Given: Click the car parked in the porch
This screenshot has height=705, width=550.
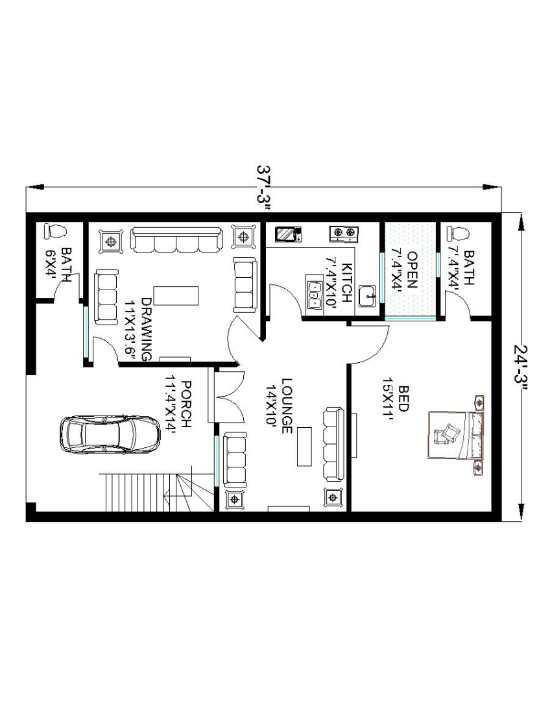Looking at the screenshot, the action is point(110,434).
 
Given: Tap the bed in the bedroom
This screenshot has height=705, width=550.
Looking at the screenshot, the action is point(456,435).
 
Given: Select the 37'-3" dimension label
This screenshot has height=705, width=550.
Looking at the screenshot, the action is point(265,188).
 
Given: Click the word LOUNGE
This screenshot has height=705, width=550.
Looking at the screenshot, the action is point(287,406).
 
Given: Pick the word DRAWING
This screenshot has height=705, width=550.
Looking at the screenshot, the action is point(147,328).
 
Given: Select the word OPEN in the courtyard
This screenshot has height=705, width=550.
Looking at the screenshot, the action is point(412,270).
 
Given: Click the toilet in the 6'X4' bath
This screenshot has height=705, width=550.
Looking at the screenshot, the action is point(55,232).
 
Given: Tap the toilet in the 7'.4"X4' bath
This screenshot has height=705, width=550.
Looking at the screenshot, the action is point(458,234).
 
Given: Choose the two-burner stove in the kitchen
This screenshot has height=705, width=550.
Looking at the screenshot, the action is point(344,232).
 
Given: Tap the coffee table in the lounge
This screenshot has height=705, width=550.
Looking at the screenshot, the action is point(304,447).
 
